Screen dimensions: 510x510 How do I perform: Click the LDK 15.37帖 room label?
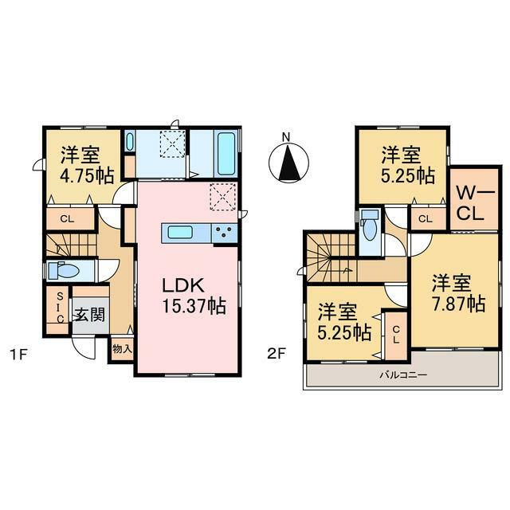(194, 296)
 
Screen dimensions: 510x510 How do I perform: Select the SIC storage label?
(60, 308)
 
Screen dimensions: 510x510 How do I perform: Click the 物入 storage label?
(122, 349)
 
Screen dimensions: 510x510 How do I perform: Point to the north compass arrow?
(288, 163)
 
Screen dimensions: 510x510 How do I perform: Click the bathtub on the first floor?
(226, 154)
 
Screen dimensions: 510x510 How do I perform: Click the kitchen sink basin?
(178, 233)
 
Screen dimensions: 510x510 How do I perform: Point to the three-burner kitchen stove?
(225, 233)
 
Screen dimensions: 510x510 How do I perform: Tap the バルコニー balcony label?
(403, 375)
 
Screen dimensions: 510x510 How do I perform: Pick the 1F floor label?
(18, 354)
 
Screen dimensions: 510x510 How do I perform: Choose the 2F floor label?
(277, 354)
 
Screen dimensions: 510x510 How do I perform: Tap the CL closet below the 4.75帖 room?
(67, 219)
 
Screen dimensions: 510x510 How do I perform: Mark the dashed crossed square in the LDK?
(223, 197)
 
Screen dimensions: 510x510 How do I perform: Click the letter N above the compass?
(286, 137)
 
